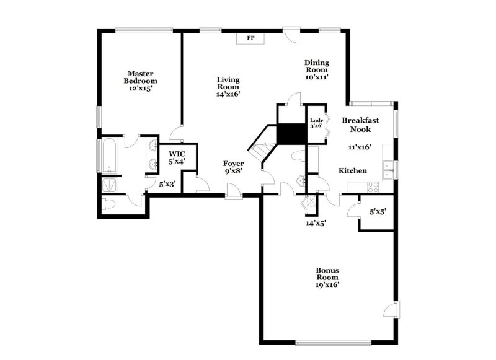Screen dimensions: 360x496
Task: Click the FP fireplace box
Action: [x=251, y=38]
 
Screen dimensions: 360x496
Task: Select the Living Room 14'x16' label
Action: [x=228, y=87]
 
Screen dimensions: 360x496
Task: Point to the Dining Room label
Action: [x=316, y=70]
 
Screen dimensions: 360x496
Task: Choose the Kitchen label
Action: [x=352, y=170]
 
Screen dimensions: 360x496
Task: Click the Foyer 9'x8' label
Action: [x=234, y=167]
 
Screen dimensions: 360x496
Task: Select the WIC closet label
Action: [x=177, y=157]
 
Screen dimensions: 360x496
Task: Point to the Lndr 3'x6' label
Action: [x=316, y=123]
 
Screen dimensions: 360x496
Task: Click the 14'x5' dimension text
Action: [x=316, y=223]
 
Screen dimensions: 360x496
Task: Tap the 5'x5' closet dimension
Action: [x=378, y=212]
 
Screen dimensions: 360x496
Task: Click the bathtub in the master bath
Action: [x=108, y=156]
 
